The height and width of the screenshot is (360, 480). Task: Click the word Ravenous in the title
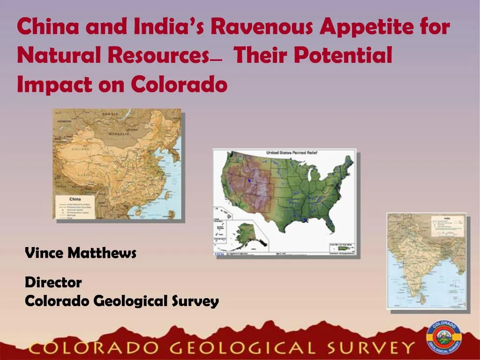(x=261, y=27)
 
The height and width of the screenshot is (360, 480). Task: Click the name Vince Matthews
(x=80, y=254)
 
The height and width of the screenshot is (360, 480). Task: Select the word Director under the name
(x=53, y=283)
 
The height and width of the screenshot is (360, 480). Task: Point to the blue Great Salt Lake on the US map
(x=249, y=180)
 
